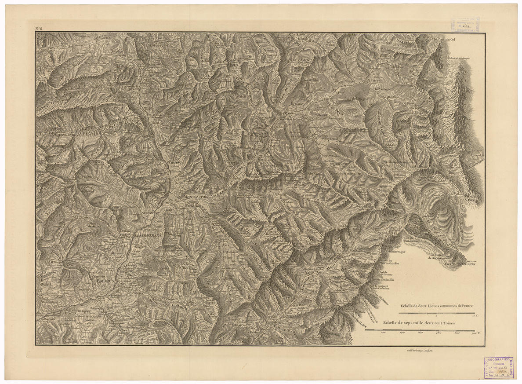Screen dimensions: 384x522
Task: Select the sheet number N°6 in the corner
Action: click(x=39, y=29)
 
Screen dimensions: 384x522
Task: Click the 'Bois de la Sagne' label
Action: click(x=356, y=99)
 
